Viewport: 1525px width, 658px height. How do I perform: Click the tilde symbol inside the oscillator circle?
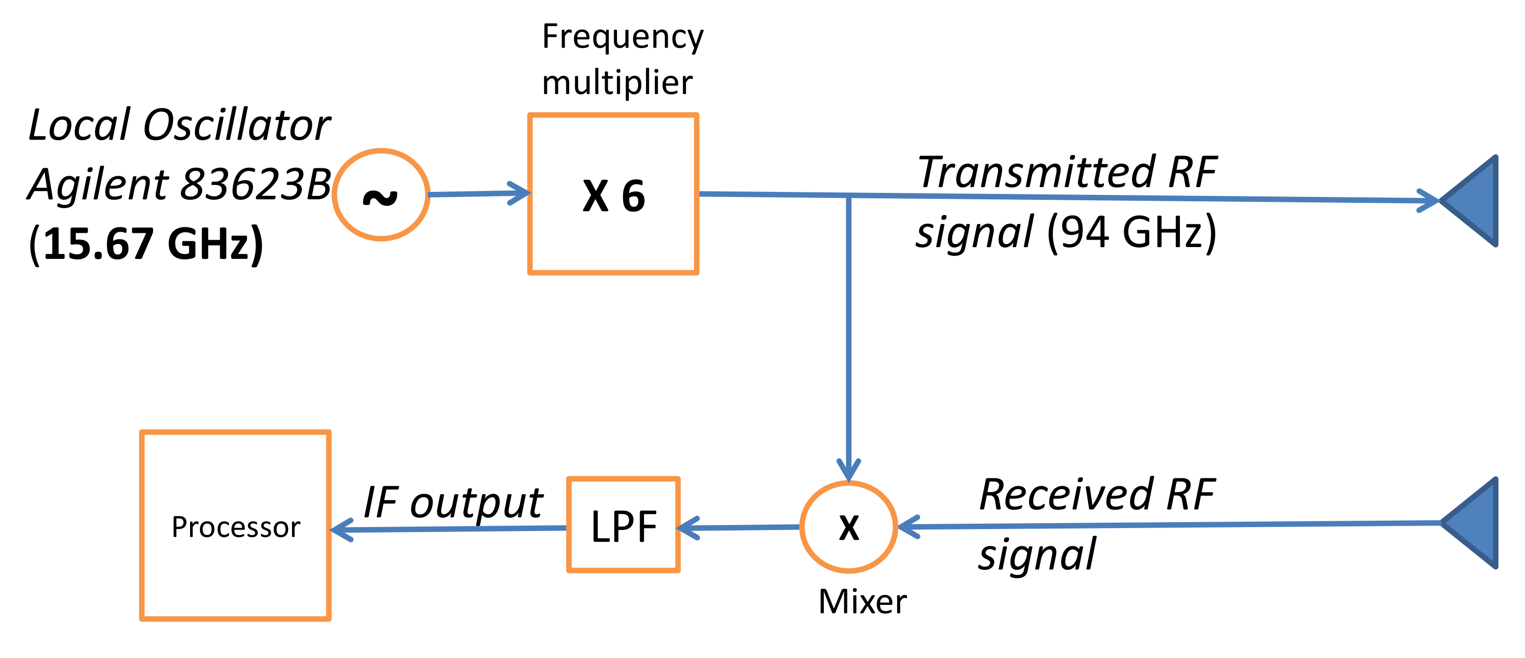point(380,196)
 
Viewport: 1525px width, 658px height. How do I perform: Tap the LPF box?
point(623,525)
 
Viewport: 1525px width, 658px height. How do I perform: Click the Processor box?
point(235,526)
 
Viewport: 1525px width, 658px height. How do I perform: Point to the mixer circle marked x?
point(848,527)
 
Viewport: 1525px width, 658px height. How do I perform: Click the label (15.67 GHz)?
point(146,243)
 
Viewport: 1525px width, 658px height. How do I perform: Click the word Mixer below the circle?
point(862,602)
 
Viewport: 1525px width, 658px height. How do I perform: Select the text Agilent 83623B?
point(179,184)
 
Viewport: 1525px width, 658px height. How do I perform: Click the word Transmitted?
point(1036,172)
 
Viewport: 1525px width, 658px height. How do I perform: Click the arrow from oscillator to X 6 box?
point(478,193)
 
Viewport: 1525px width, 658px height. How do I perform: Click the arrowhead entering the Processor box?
point(342,530)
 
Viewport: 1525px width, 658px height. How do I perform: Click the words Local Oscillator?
point(179,125)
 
